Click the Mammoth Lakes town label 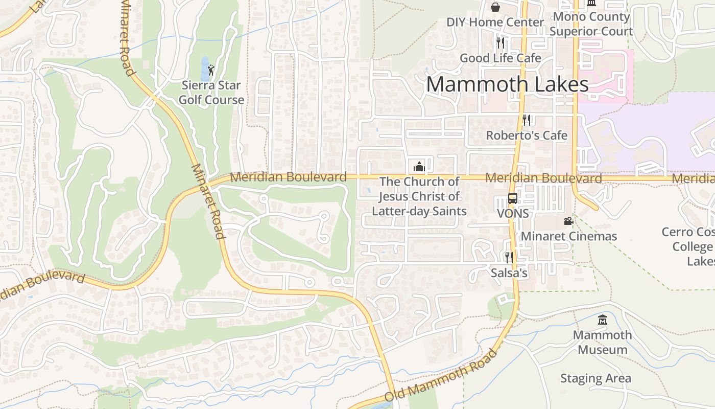point(507,84)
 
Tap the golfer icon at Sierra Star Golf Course point(211,70)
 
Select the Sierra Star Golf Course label point(211,93)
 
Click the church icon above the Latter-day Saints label point(419,167)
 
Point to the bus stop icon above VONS point(512,198)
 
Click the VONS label point(513,214)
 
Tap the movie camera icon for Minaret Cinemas point(568,221)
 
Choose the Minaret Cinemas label point(568,236)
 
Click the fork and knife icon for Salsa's point(509,258)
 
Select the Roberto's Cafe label point(527,135)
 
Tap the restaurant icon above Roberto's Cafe point(527,120)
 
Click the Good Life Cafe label point(500,58)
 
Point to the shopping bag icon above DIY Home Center point(495,7)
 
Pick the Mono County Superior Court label point(591,24)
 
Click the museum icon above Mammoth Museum point(602,320)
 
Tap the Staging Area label point(595,379)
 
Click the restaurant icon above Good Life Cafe point(500,43)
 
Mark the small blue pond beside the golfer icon point(204,68)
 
